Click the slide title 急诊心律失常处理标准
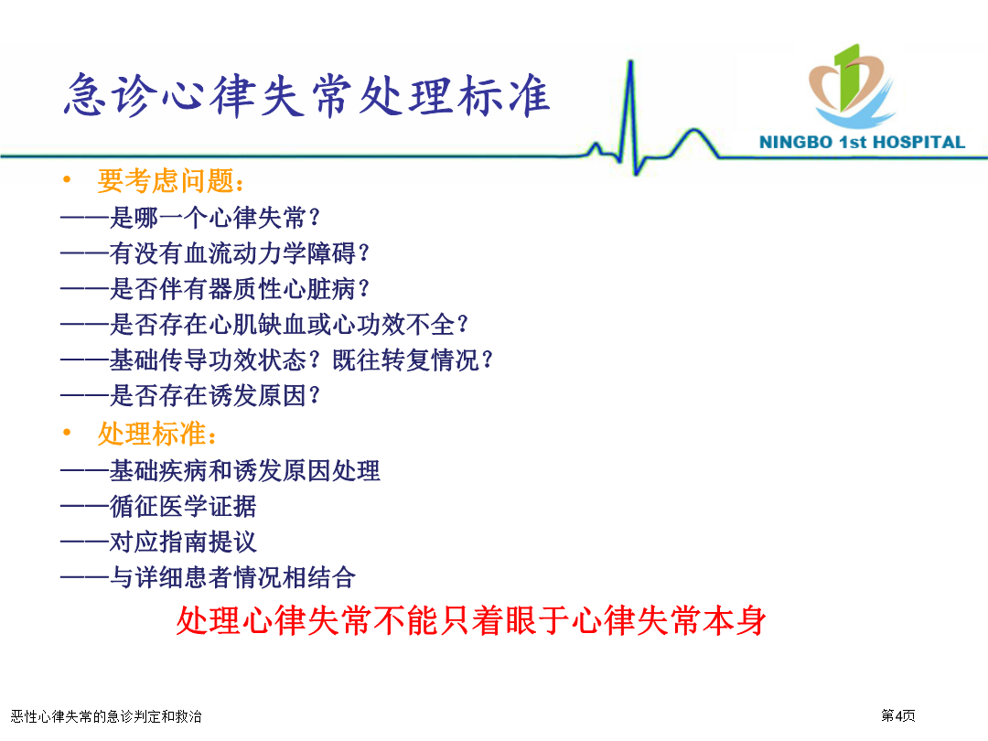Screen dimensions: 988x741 click(x=306, y=96)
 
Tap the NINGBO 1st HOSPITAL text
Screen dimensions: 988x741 click(x=862, y=143)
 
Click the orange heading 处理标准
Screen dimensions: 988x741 click(x=157, y=435)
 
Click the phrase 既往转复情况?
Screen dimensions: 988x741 click(x=413, y=360)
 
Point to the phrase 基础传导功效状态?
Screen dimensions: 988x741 click(x=215, y=360)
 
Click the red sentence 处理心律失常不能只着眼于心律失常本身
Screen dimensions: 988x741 click(x=471, y=620)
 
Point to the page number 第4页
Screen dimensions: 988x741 click(x=898, y=715)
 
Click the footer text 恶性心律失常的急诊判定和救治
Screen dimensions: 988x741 click(x=106, y=716)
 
